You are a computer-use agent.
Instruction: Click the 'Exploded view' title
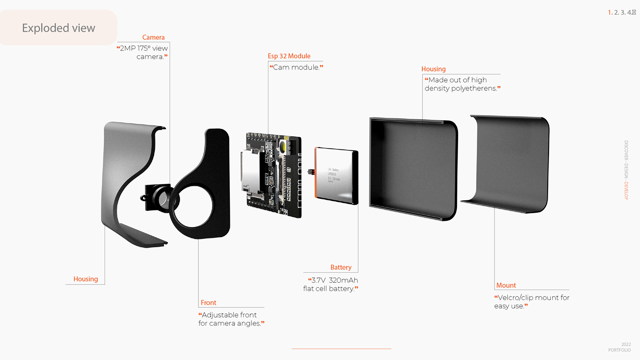click(x=59, y=28)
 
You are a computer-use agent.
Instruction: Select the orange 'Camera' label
click(x=153, y=37)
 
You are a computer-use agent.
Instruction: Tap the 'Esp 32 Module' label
click(x=289, y=56)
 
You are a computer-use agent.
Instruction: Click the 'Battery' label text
click(x=341, y=267)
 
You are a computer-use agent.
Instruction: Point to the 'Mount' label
click(x=506, y=285)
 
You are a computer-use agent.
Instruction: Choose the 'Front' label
click(x=208, y=302)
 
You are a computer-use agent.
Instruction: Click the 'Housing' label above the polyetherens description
click(x=433, y=69)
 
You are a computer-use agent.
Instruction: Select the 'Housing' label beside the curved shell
click(x=85, y=279)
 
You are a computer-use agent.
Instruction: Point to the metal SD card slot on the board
click(x=249, y=171)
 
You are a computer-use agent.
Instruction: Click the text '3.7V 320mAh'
click(x=333, y=280)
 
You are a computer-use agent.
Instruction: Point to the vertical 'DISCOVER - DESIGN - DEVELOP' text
click(x=626, y=169)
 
